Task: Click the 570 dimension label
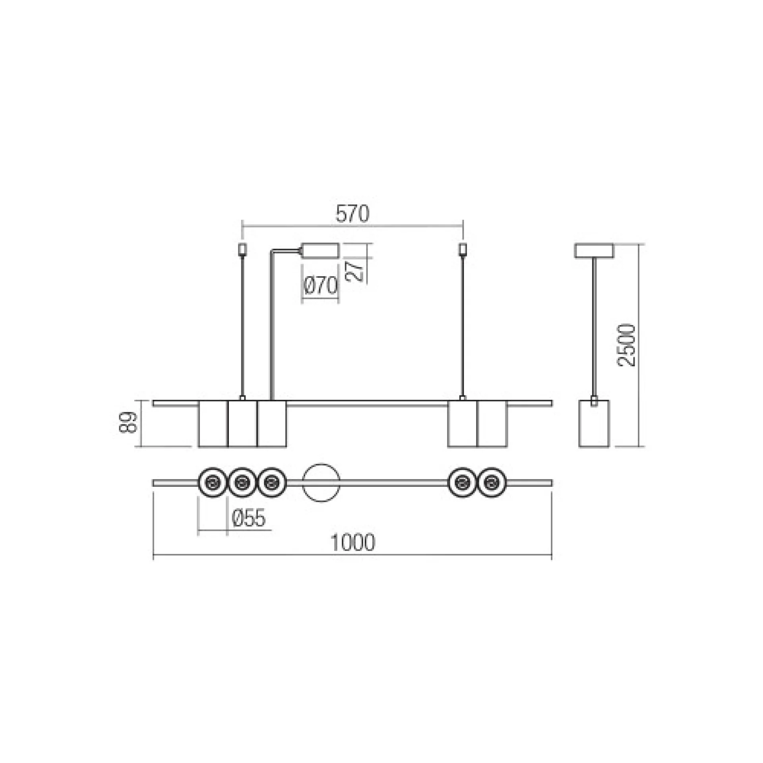click(352, 213)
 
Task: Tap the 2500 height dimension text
click(627, 345)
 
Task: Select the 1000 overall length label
click(352, 542)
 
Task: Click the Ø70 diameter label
click(321, 286)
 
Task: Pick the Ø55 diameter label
click(248, 518)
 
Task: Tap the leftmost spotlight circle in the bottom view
click(213, 483)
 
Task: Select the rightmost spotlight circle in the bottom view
click(492, 483)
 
